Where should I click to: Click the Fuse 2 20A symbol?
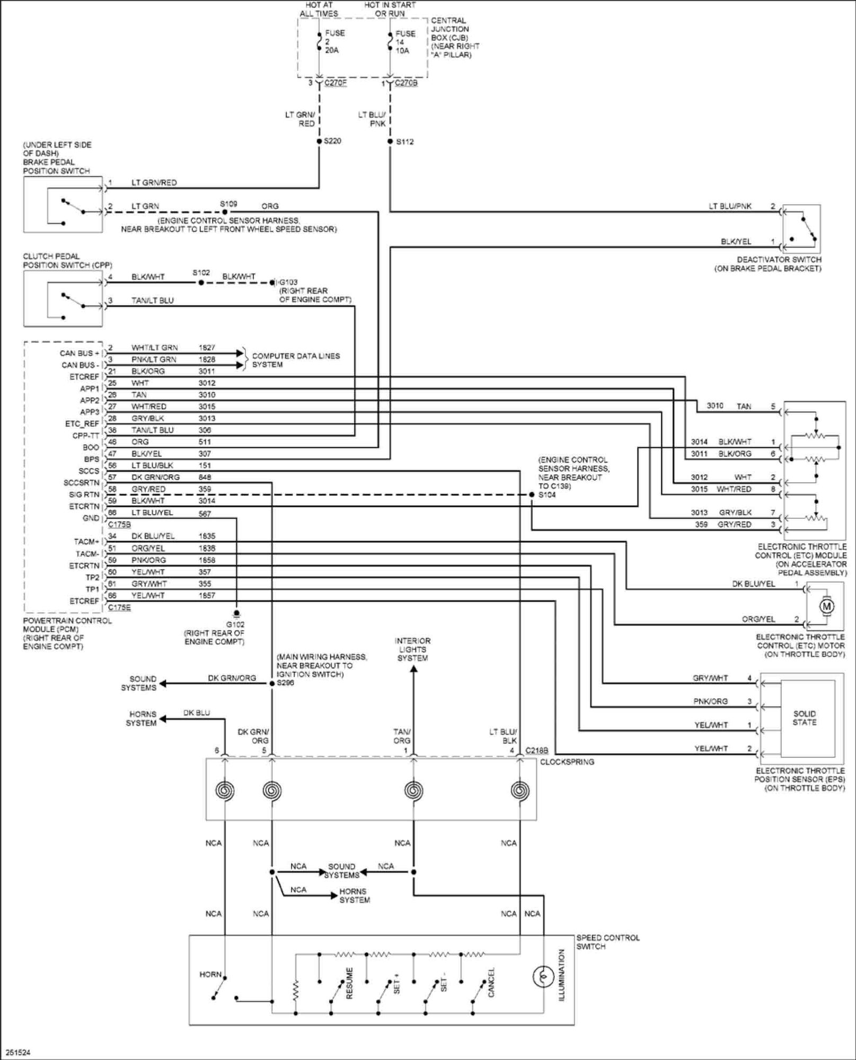(319, 41)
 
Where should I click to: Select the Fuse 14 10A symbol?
(390, 41)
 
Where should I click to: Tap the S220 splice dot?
(319, 141)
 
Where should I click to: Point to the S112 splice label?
(405, 142)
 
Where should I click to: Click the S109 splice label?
(228, 204)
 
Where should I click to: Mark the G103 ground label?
(288, 282)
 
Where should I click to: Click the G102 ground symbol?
(236, 613)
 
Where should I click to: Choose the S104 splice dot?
(532, 494)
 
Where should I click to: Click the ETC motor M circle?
(826, 606)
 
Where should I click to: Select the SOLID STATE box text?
(804, 718)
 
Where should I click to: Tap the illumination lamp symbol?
(543, 976)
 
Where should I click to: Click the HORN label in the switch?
(210, 974)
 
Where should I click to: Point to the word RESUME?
(349, 983)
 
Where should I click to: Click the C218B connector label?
(536, 750)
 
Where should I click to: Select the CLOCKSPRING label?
(567, 762)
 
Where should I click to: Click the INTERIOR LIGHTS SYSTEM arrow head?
(413, 669)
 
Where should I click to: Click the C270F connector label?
(335, 83)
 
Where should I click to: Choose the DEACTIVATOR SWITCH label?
(779, 260)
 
